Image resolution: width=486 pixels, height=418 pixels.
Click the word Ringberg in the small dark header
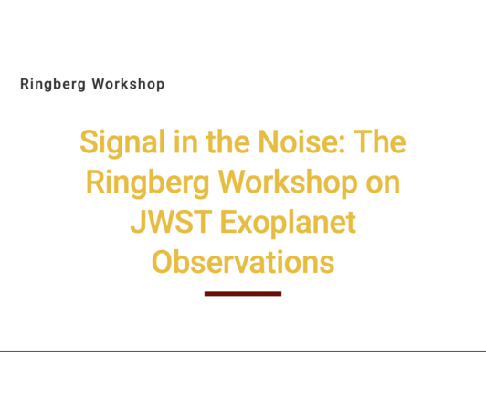click(53, 84)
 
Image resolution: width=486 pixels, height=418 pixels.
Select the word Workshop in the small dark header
click(128, 84)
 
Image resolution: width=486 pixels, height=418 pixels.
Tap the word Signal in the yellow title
click(122, 143)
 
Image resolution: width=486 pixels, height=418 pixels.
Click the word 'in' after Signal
click(185, 141)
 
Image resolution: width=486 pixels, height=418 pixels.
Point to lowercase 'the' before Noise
click(227, 141)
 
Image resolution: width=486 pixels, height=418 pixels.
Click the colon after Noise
click(342, 145)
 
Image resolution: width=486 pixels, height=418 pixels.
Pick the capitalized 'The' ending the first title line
click(380, 141)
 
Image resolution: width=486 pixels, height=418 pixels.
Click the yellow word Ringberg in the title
click(148, 183)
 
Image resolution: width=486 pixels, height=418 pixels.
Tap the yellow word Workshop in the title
click(288, 183)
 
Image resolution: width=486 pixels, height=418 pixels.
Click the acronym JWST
click(172, 222)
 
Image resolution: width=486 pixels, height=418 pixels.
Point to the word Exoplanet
click(288, 224)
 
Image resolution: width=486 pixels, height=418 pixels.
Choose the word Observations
click(243, 262)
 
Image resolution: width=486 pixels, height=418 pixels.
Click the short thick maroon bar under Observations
click(243, 294)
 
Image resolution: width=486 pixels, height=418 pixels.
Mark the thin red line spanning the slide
click(243, 351)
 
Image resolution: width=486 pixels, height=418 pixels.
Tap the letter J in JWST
click(137, 222)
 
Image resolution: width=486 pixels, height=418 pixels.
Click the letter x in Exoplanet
click(247, 225)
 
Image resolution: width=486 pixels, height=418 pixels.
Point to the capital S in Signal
click(89, 141)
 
